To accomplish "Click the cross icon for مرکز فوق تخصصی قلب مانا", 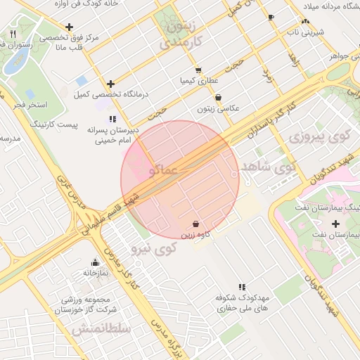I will pyautogui.click(x=69, y=27).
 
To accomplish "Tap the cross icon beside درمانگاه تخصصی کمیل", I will pyautogui.click(x=110, y=84).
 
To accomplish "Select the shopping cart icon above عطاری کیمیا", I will pyautogui.click(x=199, y=70).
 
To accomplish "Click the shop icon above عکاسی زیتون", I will pyautogui.click(x=219, y=98).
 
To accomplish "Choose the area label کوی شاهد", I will pyautogui.click(x=269, y=167).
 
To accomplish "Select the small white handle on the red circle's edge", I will pyautogui.click(x=234, y=174).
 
